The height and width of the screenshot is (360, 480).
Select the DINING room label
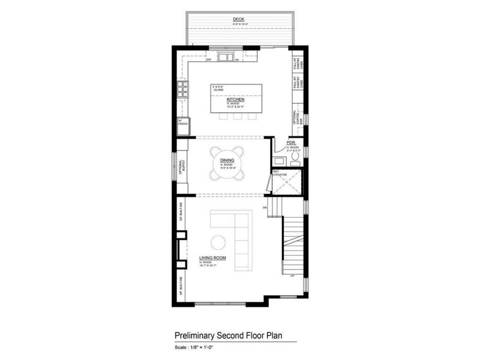click(x=227, y=160)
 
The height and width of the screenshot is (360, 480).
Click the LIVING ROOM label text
click(x=209, y=259)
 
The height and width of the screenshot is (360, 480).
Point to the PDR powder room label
click(x=291, y=143)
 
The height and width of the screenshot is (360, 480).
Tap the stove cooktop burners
click(x=182, y=91)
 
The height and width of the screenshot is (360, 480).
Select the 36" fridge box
click(x=182, y=127)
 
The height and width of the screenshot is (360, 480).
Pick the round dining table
click(x=227, y=163)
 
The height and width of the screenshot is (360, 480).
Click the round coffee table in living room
click(x=218, y=242)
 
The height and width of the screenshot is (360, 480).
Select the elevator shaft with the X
click(x=286, y=183)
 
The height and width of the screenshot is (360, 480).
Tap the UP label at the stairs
click(x=292, y=276)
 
